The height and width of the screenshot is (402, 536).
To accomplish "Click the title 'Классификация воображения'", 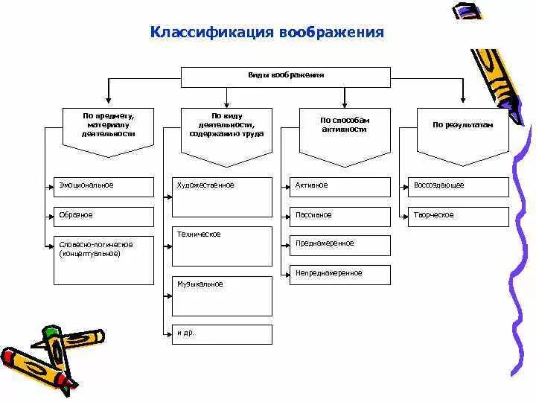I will tap(267, 33).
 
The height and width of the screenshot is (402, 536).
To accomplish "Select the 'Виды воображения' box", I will tap(286, 77).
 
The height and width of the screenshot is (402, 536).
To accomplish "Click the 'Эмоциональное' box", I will tap(103, 187).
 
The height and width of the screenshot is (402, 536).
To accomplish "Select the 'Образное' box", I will tap(103, 217).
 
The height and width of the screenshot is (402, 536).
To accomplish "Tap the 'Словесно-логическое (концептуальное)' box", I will tap(103, 261).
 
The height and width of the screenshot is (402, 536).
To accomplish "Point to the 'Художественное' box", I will tap(222, 197).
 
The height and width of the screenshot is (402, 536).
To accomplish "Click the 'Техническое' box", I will tap(222, 246).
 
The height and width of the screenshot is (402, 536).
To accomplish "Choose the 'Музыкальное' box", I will tap(222, 296).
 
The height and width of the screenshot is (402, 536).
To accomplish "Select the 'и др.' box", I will tap(222, 334).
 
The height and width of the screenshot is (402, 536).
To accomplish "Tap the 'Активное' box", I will tap(340, 187).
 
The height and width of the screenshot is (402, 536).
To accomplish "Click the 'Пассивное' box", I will tap(340, 217).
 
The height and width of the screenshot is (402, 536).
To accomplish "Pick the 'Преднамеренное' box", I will tap(340, 245).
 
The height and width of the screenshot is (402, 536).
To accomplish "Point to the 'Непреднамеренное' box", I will tap(340, 275).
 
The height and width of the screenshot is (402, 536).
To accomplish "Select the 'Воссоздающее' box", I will tap(459, 187).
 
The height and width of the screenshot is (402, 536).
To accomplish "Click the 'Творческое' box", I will tap(459, 217).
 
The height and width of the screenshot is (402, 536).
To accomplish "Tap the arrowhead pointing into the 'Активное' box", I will tap(287, 185).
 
